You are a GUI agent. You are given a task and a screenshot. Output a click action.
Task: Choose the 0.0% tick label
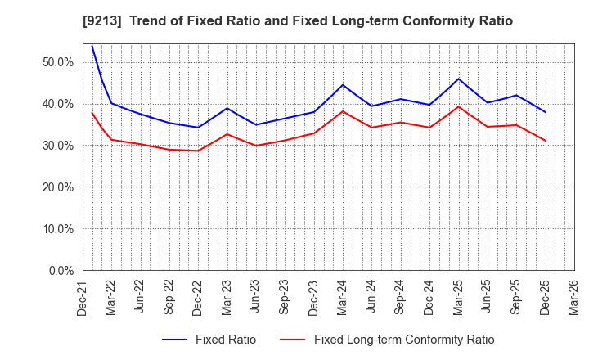60,271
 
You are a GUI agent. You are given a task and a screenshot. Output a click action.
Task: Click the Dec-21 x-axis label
83,297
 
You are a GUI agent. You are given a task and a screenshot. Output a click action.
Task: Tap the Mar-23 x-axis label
227,297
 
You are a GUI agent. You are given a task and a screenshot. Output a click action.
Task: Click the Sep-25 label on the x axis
516,297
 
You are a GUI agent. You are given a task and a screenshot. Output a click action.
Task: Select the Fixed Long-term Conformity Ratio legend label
403,340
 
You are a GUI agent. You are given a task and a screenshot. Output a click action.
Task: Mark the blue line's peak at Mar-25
459,79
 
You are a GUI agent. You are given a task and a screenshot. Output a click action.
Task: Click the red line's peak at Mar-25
459,106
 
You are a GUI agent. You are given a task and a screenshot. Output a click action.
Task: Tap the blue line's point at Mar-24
343,85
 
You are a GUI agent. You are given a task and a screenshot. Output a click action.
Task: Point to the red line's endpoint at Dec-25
546,141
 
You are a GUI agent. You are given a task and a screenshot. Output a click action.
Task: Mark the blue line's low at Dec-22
198,128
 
